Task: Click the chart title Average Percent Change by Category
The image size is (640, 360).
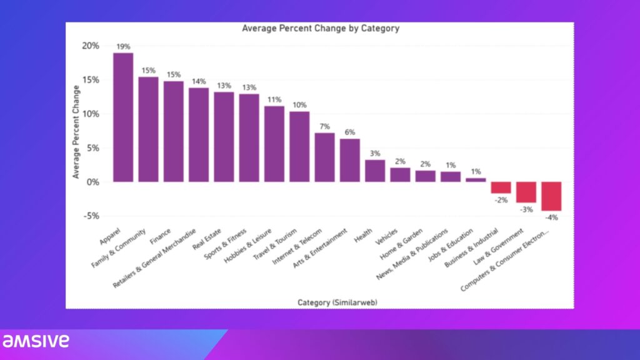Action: pos(320,28)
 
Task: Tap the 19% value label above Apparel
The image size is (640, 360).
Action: pos(123,47)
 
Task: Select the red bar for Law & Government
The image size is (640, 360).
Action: pos(526,192)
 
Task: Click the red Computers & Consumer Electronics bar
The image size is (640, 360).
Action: pos(551,196)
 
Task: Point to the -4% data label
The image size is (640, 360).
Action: pos(551,217)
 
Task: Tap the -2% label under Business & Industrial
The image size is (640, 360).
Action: pos(501,199)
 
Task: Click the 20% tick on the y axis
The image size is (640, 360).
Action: pos(90,46)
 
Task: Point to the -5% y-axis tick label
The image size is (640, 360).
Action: pos(90,216)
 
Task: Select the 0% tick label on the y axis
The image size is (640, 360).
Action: pos(92,182)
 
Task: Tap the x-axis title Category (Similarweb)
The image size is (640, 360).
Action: pos(337,302)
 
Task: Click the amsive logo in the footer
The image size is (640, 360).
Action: pos(36,341)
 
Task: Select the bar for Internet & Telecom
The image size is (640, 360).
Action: pos(324,157)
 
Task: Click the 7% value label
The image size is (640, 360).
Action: pos(324,127)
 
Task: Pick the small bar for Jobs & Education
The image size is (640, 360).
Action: pos(476,179)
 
